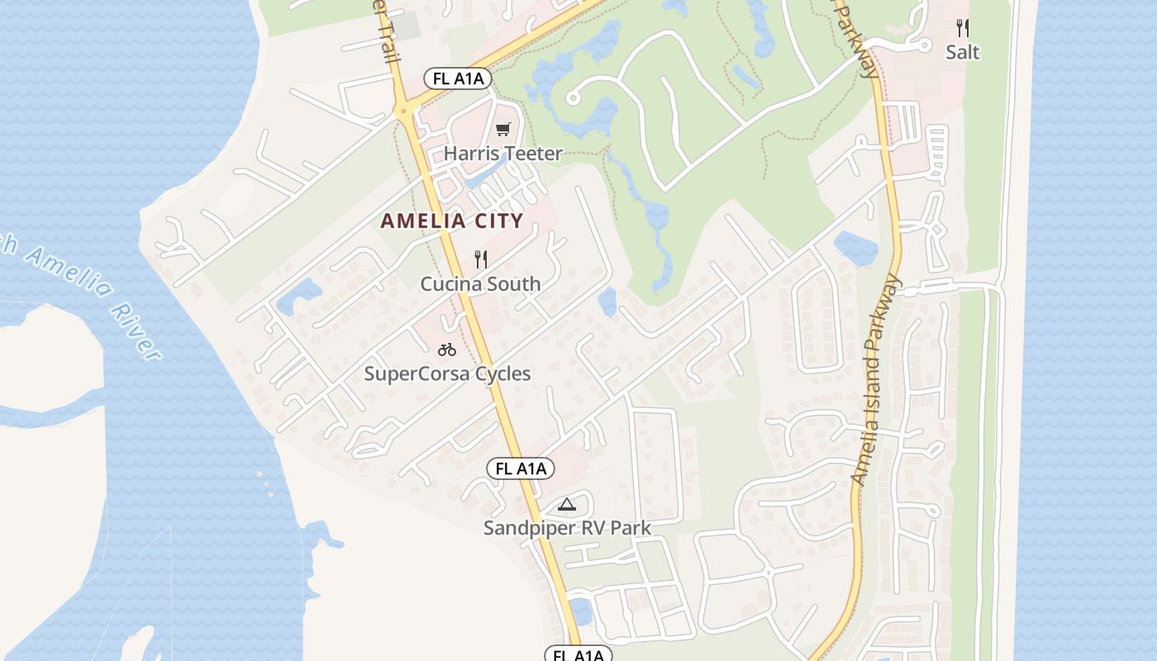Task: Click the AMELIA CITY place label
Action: (452, 221)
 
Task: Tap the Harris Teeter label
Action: (502, 154)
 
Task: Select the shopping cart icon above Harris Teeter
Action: (503, 129)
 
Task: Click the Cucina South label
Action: (480, 284)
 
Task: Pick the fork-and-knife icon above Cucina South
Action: (481, 259)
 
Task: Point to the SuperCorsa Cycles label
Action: (447, 374)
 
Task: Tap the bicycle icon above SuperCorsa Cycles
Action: (447, 350)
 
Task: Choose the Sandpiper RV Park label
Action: (567, 528)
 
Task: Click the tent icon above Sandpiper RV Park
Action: (566, 504)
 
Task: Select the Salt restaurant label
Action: (963, 52)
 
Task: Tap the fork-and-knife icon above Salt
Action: (963, 28)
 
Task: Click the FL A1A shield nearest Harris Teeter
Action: (458, 78)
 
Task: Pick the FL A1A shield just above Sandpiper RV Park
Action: (520, 469)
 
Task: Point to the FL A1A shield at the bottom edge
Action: (578, 654)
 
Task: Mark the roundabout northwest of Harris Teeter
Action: (404, 111)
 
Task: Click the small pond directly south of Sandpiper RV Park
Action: (581, 611)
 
